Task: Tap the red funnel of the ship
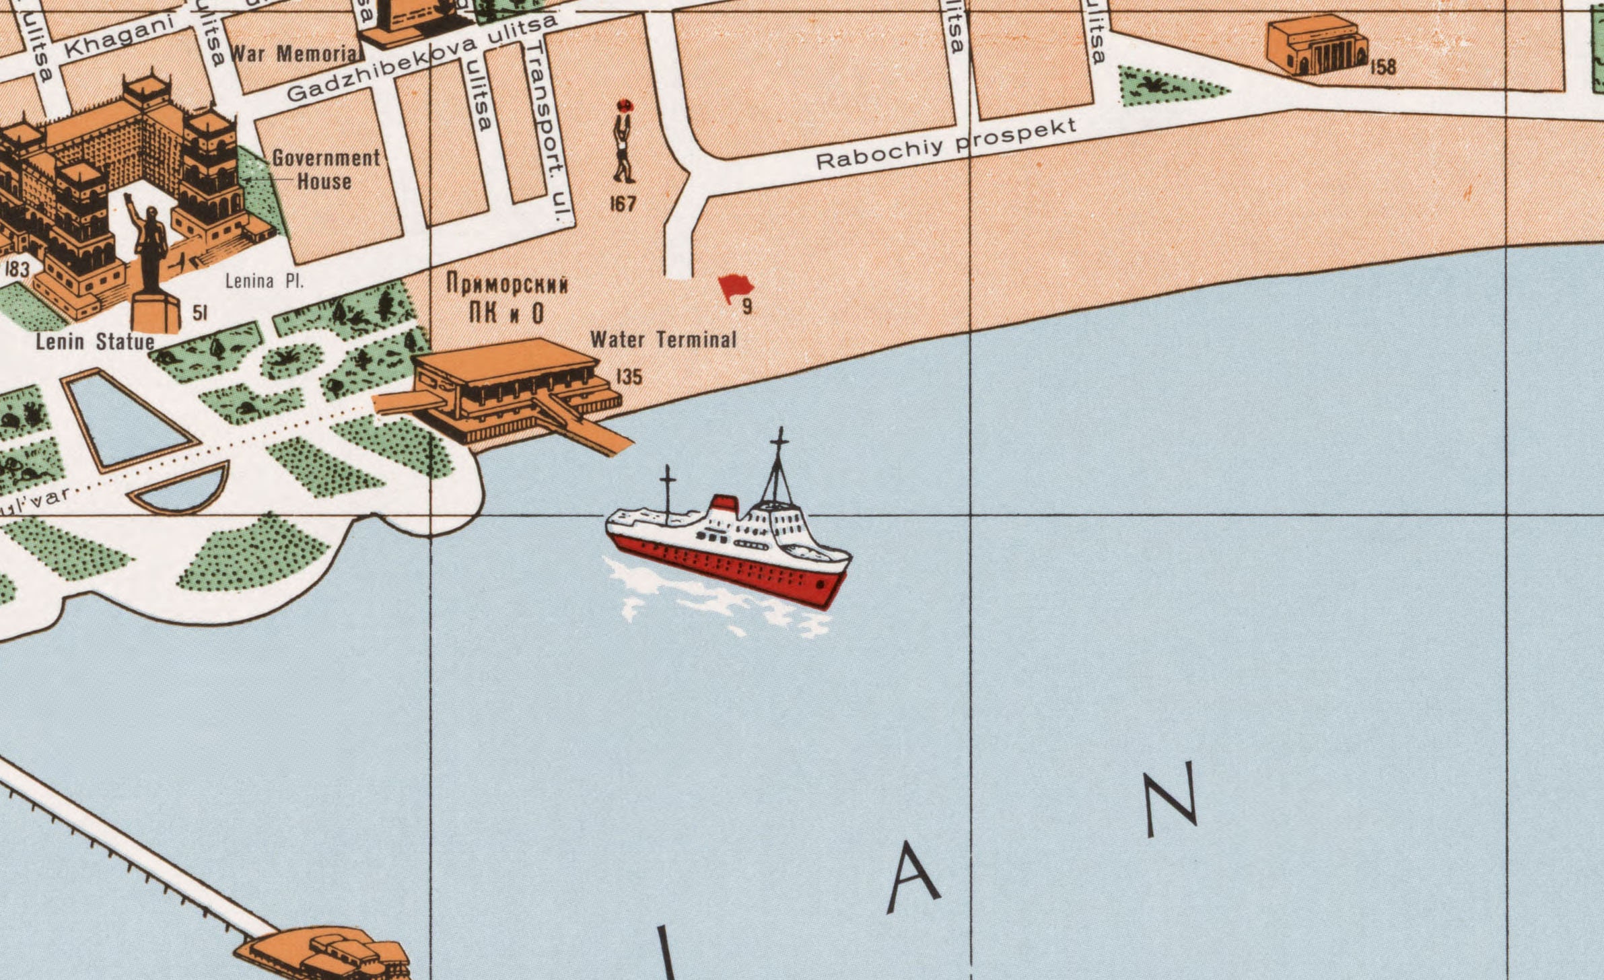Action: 724,503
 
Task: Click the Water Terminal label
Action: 663,339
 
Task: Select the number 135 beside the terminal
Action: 629,377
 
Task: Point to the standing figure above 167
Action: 623,143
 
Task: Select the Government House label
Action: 326,169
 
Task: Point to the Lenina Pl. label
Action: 265,281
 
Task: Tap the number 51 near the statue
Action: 200,313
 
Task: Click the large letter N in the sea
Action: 1172,799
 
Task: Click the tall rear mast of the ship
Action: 779,464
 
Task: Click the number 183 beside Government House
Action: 18,269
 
